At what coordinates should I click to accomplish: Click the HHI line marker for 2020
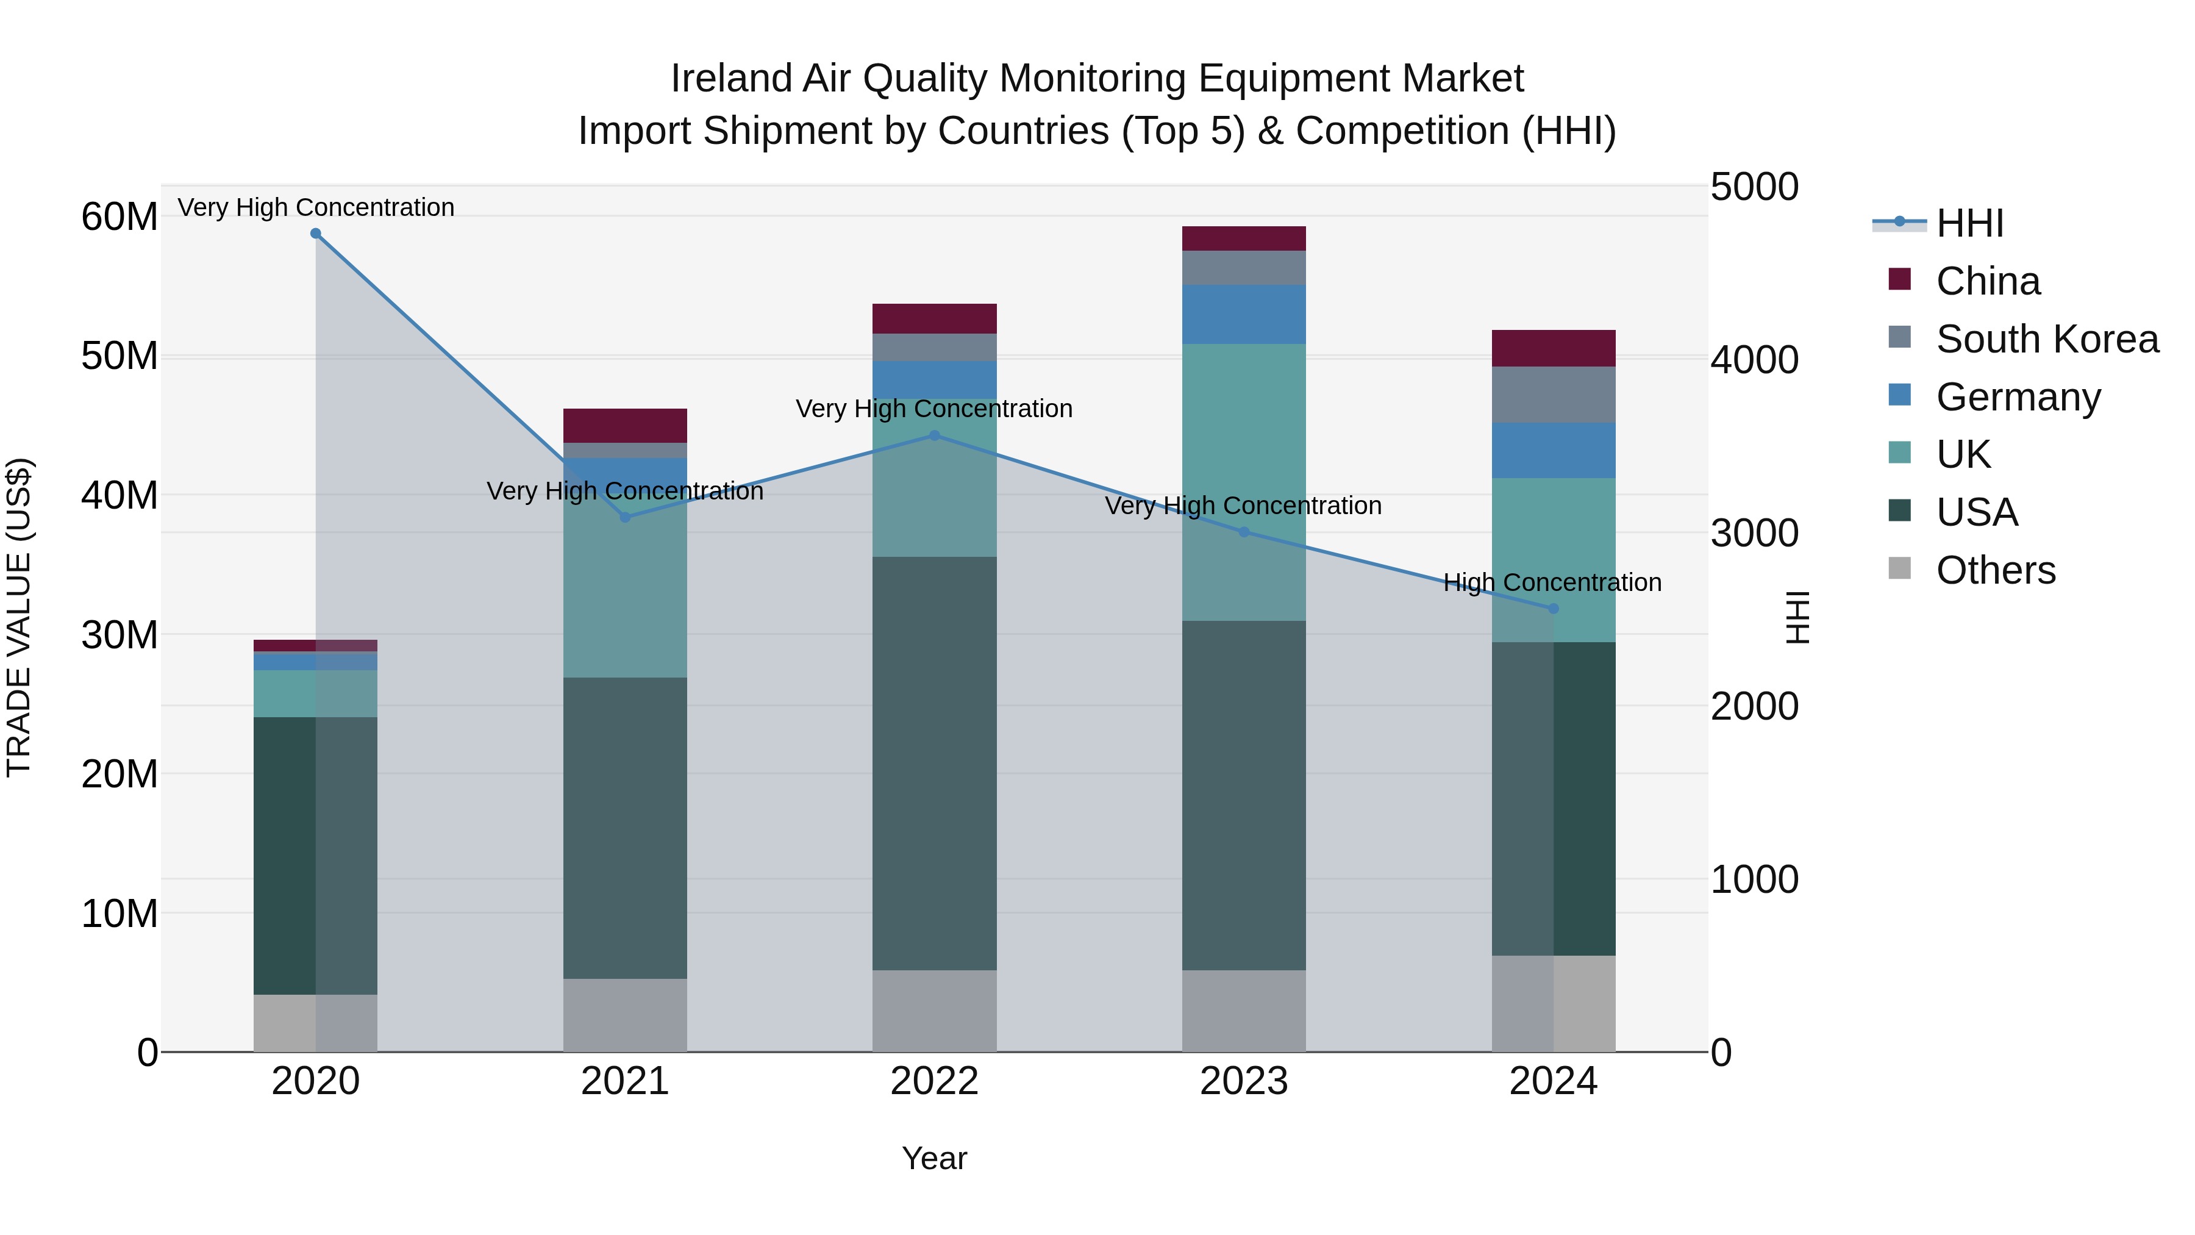click(315, 234)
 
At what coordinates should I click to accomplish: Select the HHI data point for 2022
click(934, 435)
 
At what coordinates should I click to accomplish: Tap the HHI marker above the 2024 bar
click(1552, 609)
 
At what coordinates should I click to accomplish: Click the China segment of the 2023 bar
click(1243, 238)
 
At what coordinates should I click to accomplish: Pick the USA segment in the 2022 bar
click(934, 763)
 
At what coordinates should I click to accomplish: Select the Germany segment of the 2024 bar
click(1552, 450)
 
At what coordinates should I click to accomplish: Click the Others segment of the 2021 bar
click(624, 1014)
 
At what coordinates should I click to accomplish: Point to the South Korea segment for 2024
click(1552, 395)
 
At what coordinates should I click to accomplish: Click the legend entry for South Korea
click(2047, 339)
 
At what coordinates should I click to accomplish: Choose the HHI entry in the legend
click(1969, 223)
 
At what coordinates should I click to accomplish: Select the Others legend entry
click(1995, 570)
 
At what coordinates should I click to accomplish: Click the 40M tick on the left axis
click(120, 495)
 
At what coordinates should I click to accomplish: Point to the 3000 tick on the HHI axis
click(1754, 534)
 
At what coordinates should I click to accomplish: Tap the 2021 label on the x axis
click(624, 1081)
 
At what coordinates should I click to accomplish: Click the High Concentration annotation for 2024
click(1552, 583)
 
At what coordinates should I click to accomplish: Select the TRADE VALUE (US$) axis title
click(19, 617)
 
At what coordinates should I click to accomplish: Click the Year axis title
click(934, 1158)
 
